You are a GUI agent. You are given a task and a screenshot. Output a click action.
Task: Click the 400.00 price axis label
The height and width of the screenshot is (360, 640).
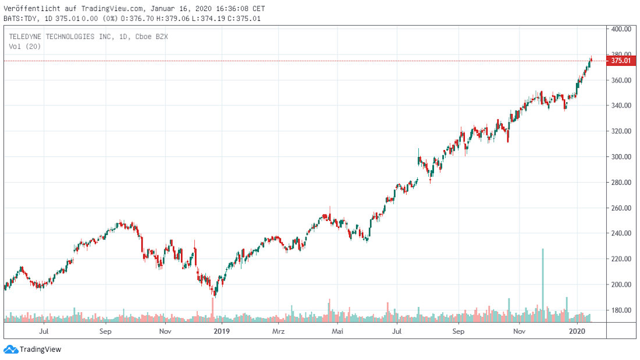[621, 29]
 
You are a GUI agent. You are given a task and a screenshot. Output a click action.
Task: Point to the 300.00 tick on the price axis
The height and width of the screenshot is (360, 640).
[621, 157]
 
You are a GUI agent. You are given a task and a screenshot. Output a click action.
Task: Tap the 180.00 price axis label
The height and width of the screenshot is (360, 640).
[621, 311]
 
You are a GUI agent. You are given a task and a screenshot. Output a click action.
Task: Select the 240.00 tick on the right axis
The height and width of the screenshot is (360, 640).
[621, 234]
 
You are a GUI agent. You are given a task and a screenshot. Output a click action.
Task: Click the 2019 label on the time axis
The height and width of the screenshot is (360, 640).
[222, 332]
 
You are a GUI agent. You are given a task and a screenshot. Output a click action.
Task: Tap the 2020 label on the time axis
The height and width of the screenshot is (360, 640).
[576, 332]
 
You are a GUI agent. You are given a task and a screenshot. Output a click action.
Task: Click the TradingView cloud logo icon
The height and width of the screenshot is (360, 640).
[10, 350]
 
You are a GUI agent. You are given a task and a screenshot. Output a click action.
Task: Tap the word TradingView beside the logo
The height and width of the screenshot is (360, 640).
[41, 350]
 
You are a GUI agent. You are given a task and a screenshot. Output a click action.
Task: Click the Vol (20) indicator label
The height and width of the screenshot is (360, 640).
[25, 47]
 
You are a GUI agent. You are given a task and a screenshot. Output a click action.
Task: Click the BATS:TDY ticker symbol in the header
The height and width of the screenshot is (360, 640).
[20, 19]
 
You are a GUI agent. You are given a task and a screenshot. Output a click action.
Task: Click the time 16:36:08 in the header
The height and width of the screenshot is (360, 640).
[231, 9]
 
